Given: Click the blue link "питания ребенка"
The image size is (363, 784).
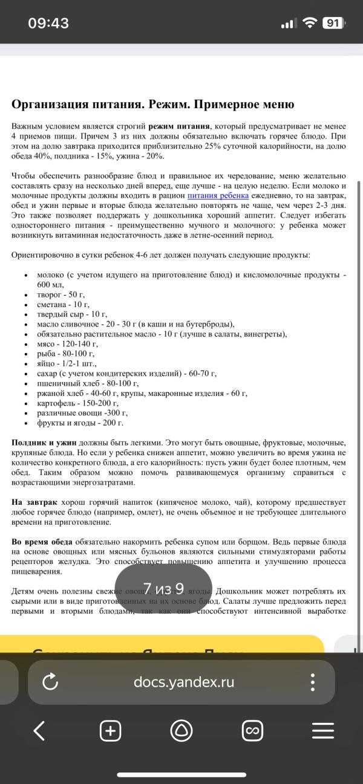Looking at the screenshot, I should click(x=218, y=196).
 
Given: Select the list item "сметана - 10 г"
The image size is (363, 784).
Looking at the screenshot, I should click(x=64, y=304).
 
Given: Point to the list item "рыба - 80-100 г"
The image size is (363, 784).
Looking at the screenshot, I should click(x=66, y=353).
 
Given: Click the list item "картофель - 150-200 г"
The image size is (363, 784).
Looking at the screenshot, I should click(x=77, y=403).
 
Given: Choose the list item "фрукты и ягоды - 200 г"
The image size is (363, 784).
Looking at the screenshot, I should click(x=80, y=423).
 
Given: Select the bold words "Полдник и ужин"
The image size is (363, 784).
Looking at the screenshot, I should click(x=44, y=443).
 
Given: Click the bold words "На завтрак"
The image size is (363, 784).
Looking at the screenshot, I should click(x=34, y=502).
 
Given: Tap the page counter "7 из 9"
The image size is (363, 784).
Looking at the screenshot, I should click(x=163, y=588).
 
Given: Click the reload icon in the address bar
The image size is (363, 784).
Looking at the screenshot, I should click(x=51, y=682).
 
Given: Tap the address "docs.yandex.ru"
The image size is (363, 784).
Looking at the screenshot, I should click(x=184, y=682).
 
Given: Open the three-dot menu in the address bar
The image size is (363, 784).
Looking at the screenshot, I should click(x=313, y=682).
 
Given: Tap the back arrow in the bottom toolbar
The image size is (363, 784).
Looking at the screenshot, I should click(x=39, y=731).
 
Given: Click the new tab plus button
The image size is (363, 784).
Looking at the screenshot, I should click(x=110, y=731).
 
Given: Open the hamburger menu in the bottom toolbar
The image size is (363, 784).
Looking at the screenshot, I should click(x=322, y=731).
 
